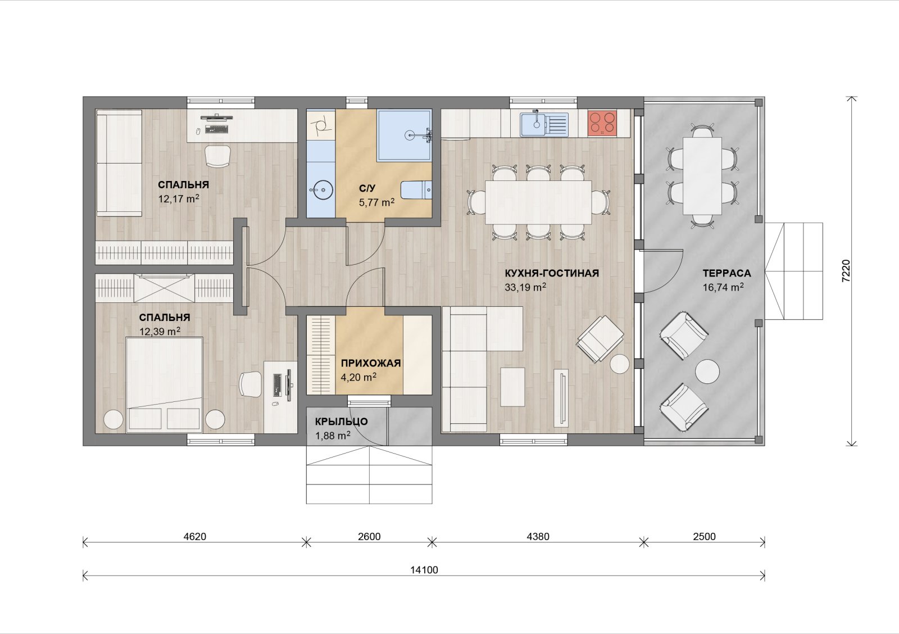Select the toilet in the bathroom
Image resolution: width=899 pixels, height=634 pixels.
click(x=416, y=190)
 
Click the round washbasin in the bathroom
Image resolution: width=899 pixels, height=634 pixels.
click(x=321, y=190)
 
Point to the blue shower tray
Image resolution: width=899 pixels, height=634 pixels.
click(x=405, y=135)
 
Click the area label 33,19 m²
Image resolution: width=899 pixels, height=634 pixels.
click(x=525, y=287)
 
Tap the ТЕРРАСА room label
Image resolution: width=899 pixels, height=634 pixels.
click(x=727, y=273)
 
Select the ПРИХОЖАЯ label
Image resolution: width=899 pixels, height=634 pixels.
click(x=371, y=364)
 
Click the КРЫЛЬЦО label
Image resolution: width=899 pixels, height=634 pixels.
click(x=341, y=422)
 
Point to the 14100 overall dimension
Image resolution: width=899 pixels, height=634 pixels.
click(x=424, y=570)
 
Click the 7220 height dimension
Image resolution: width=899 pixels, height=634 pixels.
click(x=846, y=271)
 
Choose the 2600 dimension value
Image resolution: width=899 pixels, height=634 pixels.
click(x=369, y=536)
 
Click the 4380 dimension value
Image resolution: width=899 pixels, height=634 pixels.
click(x=538, y=536)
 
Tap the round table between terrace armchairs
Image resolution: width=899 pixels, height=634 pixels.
click(x=707, y=371)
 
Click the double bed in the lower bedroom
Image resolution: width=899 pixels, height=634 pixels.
click(x=164, y=384)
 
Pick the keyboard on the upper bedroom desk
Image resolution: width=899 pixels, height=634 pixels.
click(x=217, y=129)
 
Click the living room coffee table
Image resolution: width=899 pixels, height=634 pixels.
click(x=512, y=387)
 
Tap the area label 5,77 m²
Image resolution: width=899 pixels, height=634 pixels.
click(x=376, y=202)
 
